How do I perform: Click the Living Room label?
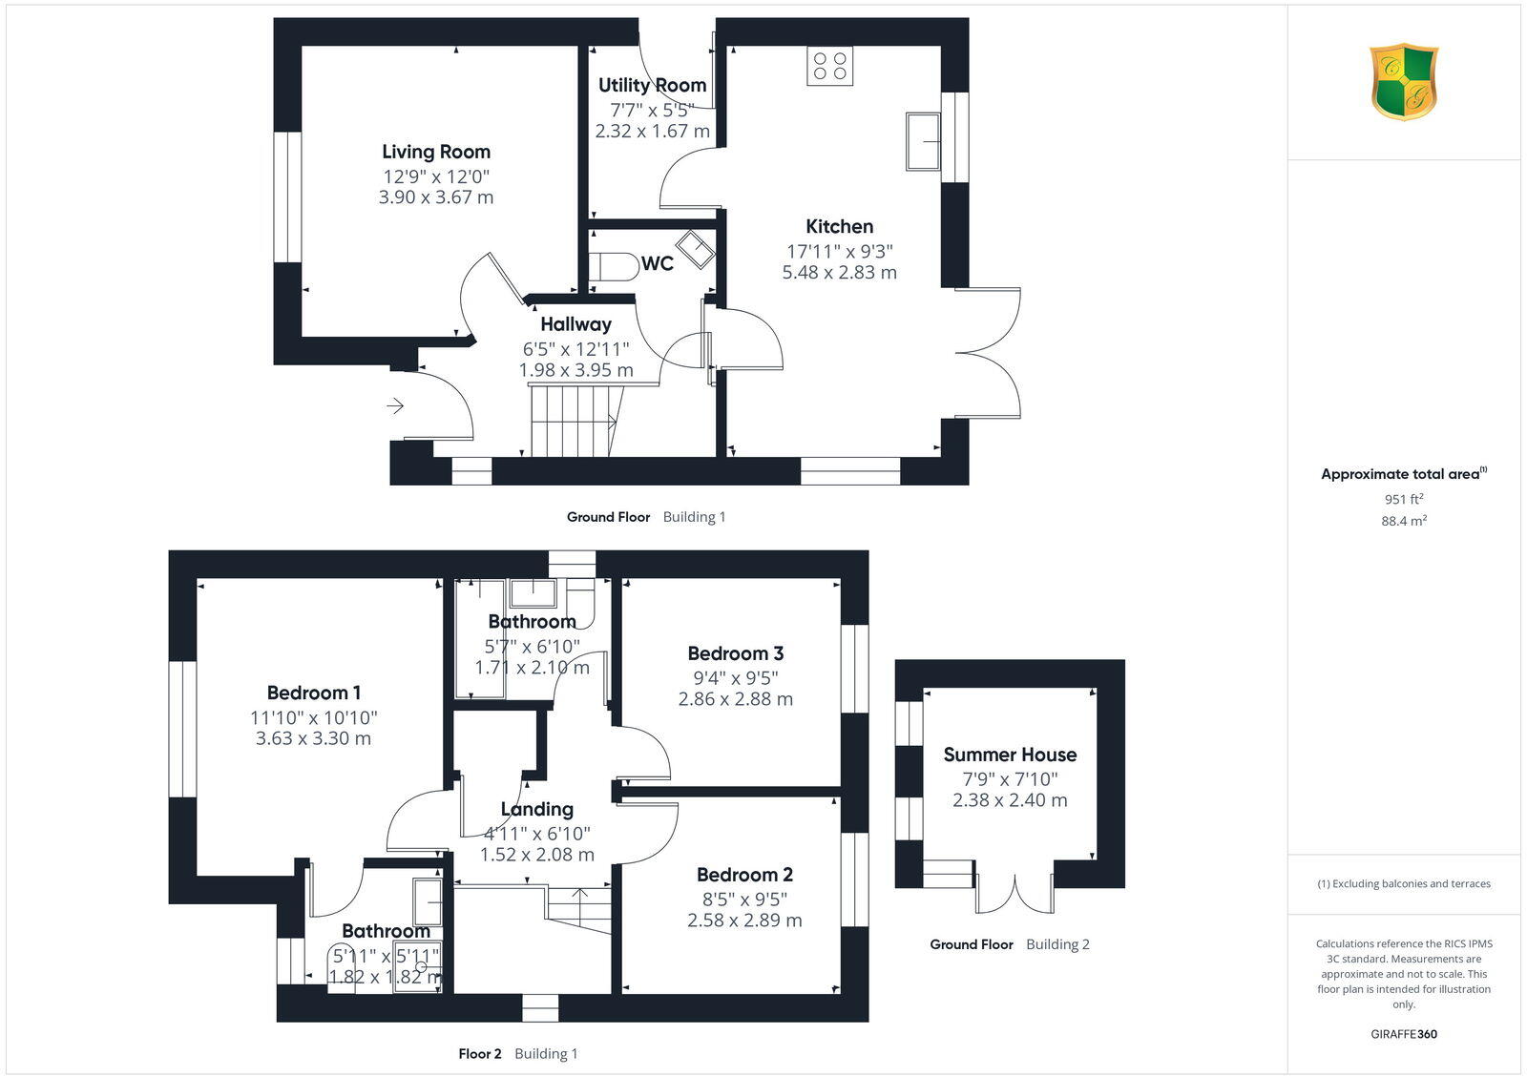(436, 152)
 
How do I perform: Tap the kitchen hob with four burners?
(829, 66)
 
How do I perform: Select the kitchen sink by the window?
(924, 141)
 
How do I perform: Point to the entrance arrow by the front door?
(394, 407)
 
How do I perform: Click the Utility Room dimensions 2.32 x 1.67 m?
(653, 132)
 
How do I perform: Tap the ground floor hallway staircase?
(572, 420)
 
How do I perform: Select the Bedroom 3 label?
(735, 653)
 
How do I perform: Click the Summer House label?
(1010, 755)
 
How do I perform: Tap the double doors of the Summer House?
(1015, 887)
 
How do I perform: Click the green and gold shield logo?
(1404, 82)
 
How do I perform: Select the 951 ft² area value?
(1404, 499)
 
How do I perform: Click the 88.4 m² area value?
(1404, 521)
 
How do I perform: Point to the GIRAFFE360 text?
(1404, 1034)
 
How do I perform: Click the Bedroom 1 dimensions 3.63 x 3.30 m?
(313, 738)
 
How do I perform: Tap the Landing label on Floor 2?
(536, 809)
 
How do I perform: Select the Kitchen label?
(839, 226)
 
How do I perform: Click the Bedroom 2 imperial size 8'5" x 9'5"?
(744, 899)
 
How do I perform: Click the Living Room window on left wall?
(287, 197)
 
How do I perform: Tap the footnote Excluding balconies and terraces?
(1404, 883)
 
